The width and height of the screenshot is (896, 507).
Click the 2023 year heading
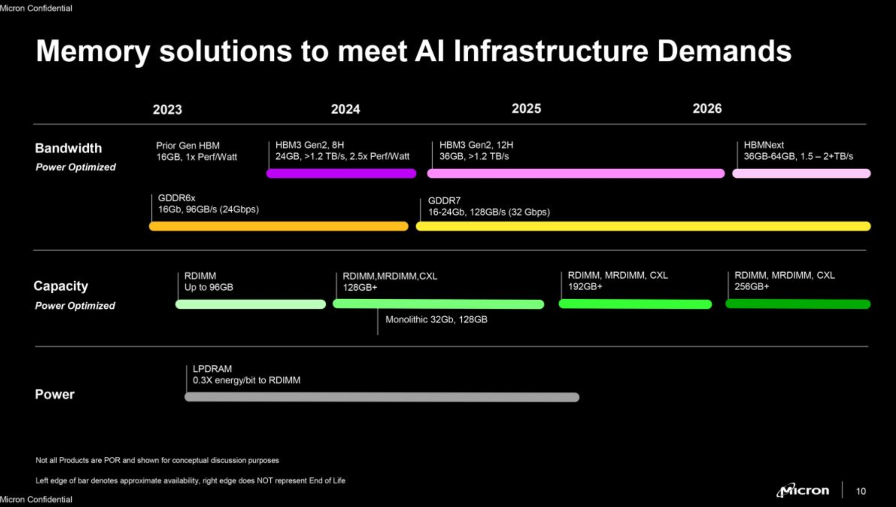pyautogui.click(x=167, y=109)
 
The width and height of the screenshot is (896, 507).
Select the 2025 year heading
pyautogui.click(x=526, y=108)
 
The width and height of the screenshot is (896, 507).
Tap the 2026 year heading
pyautogui.click(x=707, y=108)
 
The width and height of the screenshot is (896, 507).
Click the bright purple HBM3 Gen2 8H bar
pyautogui.click(x=341, y=173)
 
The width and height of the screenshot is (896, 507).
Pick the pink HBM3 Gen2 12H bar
pyautogui.click(x=576, y=173)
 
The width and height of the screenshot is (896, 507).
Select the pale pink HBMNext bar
pyautogui.click(x=801, y=173)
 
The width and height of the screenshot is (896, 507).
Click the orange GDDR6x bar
pyautogui.click(x=279, y=226)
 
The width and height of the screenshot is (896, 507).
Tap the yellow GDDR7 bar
pyautogui.click(x=643, y=226)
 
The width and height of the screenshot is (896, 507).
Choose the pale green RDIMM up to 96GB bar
pyautogui.click(x=251, y=304)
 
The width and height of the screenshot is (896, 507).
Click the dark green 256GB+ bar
pyautogui.click(x=798, y=304)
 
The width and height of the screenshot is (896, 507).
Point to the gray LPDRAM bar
pyautogui.click(x=382, y=397)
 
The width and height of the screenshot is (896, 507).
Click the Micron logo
pyautogui.click(x=803, y=490)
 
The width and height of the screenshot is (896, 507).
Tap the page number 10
pyautogui.click(x=861, y=491)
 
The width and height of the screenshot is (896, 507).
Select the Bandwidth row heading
pyautogui.click(x=68, y=148)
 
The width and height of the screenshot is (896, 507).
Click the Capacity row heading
pyautogui.click(x=61, y=286)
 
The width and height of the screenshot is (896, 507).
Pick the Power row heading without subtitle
pyautogui.click(x=55, y=394)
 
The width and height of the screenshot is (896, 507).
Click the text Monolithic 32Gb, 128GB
pyautogui.click(x=436, y=319)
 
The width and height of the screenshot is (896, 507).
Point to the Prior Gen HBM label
pyautogui.click(x=188, y=146)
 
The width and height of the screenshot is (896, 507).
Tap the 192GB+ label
pyautogui.click(x=585, y=287)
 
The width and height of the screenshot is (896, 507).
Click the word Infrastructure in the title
pyautogui.click(x=551, y=51)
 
